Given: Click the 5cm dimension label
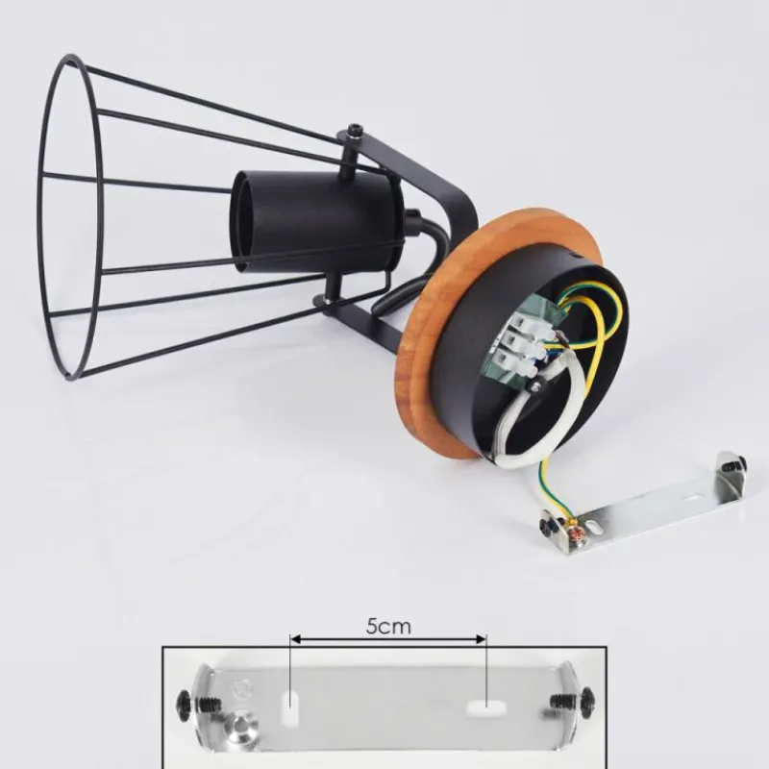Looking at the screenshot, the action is (388, 627).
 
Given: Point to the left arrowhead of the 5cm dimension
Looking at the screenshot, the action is (294, 639).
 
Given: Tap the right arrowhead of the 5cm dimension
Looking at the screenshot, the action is (482, 639).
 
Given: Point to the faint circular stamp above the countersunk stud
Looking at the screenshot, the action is (242, 688).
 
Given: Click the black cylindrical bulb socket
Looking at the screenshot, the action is (318, 222).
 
